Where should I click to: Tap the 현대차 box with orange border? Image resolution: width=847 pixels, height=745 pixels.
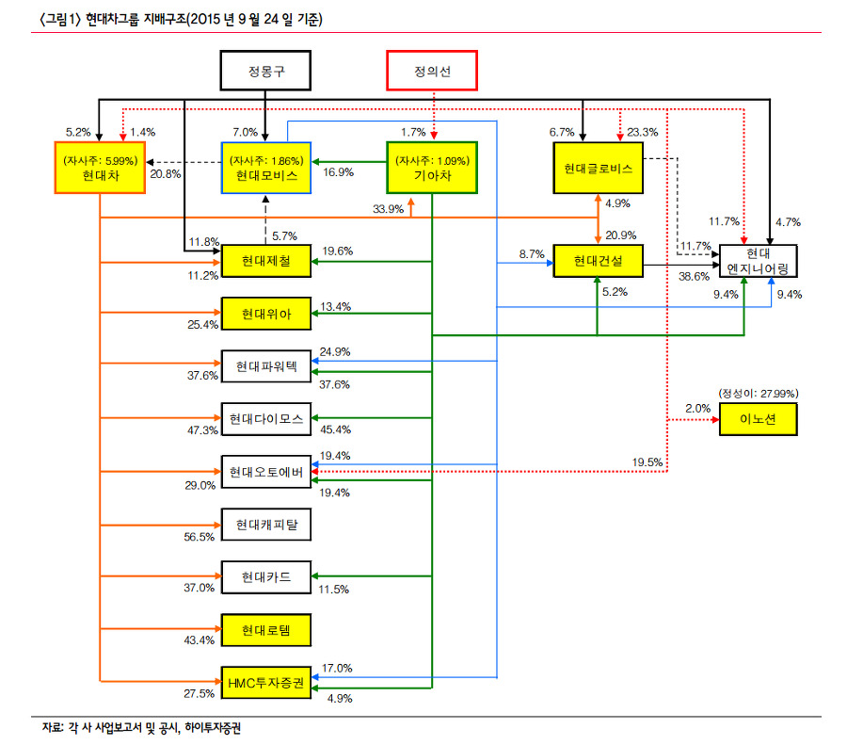(99, 168)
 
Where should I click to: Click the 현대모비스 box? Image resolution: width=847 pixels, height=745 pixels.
(265, 168)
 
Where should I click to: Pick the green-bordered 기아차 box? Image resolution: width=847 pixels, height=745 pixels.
(433, 168)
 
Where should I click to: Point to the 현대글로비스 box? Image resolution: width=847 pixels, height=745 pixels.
(598, 168)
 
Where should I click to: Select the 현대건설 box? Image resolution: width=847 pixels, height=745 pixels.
(598, 261)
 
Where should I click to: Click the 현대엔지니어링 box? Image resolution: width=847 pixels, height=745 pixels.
(758, 261)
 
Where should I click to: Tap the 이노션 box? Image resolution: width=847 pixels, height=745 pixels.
(758, 417)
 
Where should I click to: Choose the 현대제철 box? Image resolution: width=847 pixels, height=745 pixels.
(265, 261)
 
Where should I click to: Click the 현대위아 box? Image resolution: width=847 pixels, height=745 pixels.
(265, 313)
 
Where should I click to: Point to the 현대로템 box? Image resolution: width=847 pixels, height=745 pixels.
(265, 629)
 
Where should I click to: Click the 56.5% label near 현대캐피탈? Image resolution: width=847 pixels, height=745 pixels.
(200, 536)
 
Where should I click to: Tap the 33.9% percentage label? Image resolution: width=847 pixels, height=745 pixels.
(389, 209)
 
